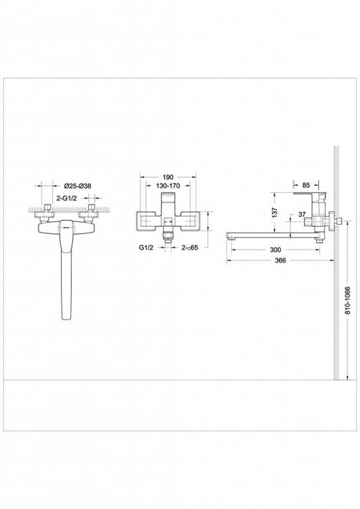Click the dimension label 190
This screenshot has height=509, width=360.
click(168, 177)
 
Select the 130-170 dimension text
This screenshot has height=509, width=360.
click(168, 186)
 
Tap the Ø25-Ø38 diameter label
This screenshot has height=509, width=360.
click(77, 186)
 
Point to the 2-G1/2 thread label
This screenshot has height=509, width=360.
click(67, 198)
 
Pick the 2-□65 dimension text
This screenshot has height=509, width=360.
click(190, 247)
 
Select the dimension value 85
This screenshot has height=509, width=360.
click(306, 185)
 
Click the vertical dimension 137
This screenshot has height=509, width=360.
click(274, 212)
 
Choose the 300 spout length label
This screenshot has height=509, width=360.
click(276, 250)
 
